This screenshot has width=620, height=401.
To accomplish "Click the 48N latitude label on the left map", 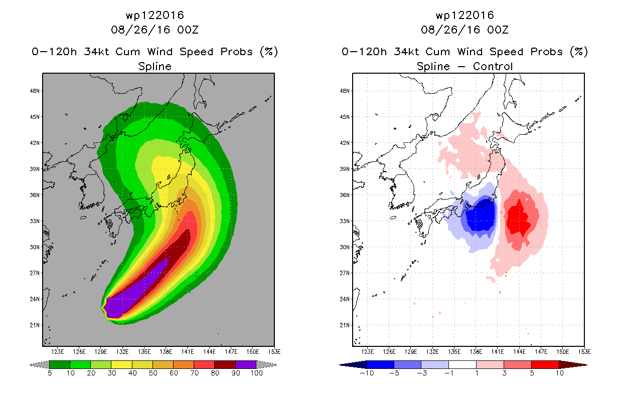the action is (35, 91).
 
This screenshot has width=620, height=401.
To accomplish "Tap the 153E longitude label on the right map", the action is (584, 352).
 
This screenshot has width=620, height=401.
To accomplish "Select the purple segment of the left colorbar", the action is (246, 364).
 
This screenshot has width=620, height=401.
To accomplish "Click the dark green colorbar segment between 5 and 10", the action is (60, 364).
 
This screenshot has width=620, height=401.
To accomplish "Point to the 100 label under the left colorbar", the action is (256, 373).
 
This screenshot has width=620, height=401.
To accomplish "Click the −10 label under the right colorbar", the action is (367, 373).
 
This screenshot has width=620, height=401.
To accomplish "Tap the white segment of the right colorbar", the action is (462, 364).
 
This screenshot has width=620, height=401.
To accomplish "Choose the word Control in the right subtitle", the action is (493, 67).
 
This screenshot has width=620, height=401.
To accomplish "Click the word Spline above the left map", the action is (154, 67).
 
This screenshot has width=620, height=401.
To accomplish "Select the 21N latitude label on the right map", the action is (345, 325).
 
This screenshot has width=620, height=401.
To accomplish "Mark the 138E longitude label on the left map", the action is (166, 352).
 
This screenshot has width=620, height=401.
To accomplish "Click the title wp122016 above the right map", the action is (464, 16).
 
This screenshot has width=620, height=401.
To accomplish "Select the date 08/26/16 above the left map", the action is (140, 30).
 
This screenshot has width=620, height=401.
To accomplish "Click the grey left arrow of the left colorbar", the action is (39, 365).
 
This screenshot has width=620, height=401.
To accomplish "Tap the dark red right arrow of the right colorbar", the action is (573, 365).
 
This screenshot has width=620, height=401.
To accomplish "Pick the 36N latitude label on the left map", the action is (35, 195).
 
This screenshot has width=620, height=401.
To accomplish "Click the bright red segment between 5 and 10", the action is (545, 364).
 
